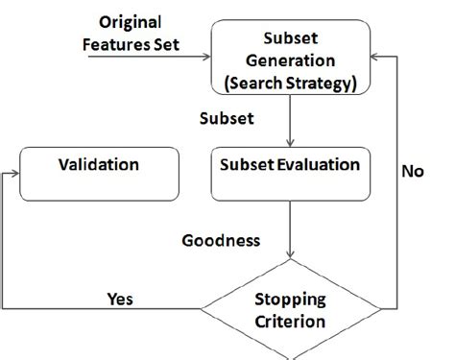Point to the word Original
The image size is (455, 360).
(131, 21)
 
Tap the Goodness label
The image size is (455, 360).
(221, 239)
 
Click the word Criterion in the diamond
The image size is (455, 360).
(290, 320)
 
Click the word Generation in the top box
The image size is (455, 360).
(289, 59)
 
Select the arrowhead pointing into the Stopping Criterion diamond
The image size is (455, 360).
(289, 256)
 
